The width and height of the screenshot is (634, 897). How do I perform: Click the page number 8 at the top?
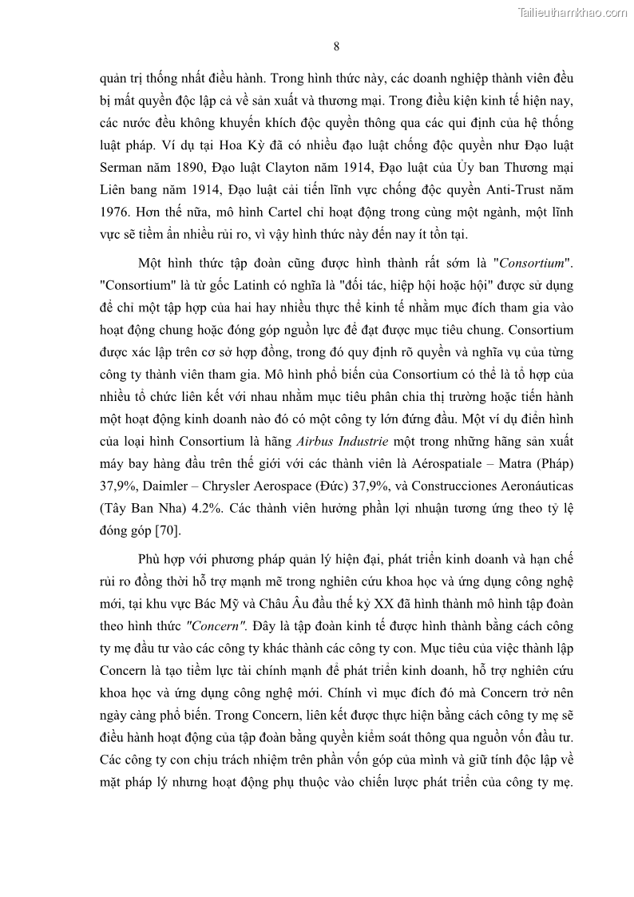(336, 46)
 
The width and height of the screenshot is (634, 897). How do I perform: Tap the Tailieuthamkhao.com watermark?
(573, 12)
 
